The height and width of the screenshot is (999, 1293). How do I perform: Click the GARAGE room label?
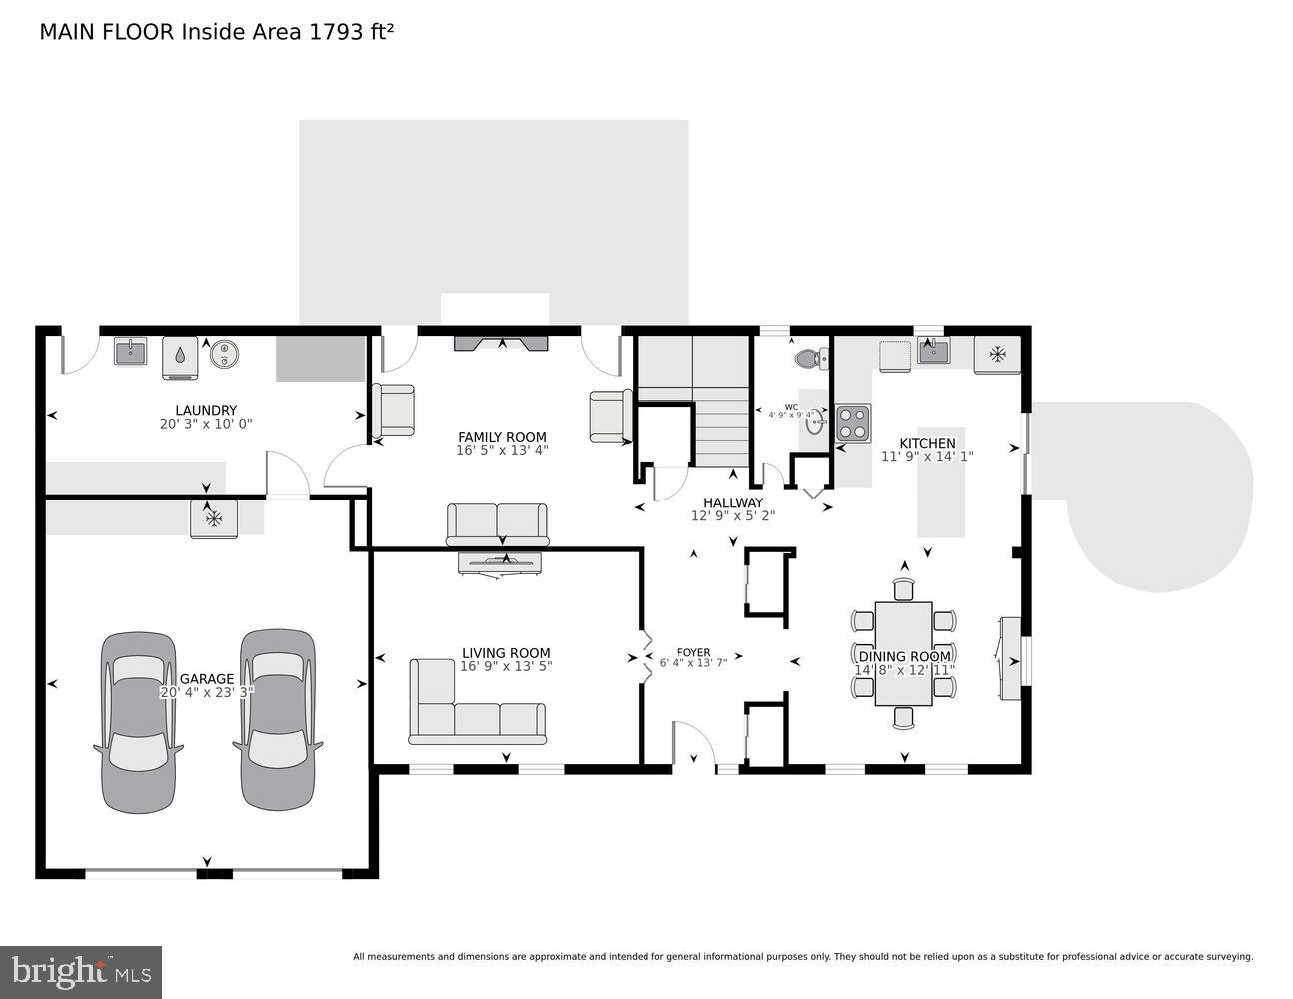pos(206,679)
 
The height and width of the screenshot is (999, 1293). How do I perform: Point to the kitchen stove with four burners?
pos(853,423)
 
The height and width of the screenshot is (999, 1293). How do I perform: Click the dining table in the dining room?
pos(903,653)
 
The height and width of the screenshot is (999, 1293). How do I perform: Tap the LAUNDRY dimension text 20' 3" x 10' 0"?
pos(206,424)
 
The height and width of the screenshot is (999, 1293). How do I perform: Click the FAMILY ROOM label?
pos(502,437)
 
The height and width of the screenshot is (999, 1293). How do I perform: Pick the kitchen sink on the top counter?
pos(933,351)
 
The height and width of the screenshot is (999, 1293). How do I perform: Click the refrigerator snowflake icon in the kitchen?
pos(997,354)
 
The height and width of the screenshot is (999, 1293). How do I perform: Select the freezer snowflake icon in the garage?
pos(213,519)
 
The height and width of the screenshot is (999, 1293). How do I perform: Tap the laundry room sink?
pos(130,352)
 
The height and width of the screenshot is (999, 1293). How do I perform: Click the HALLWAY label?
pos(732,502)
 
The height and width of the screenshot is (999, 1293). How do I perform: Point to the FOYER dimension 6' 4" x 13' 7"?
pos(693,662)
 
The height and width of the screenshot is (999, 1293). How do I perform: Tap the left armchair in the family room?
pos(393,411)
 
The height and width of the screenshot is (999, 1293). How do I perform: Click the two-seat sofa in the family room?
pos(497,523)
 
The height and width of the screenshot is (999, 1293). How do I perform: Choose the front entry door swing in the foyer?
pos(692,745)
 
